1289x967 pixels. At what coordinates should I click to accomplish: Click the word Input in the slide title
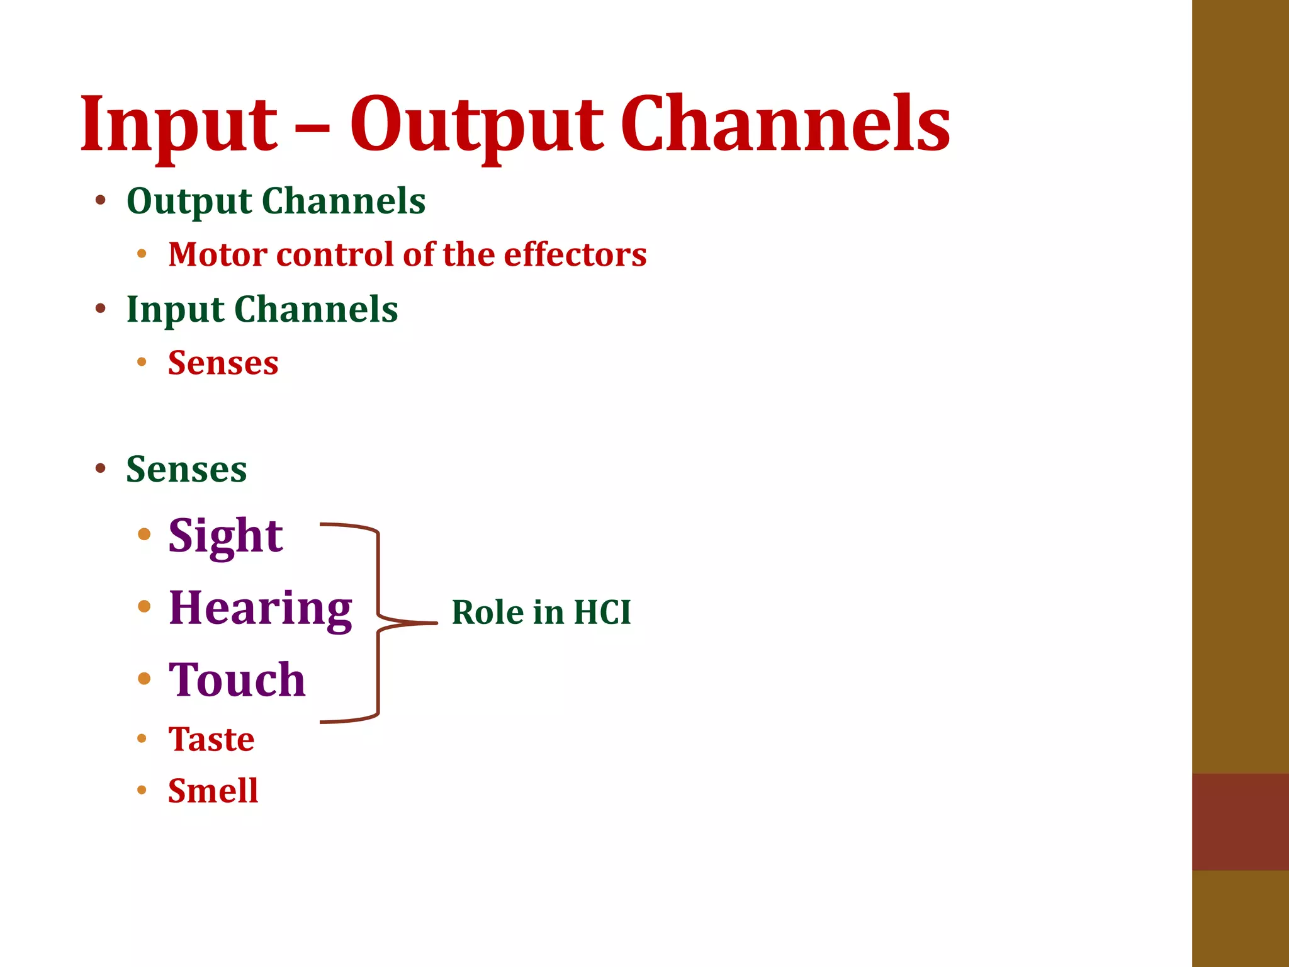[x=178, y=124]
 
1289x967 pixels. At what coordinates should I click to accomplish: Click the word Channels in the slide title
[x=785, y=124]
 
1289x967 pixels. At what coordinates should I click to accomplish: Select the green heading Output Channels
[x=276, y=201]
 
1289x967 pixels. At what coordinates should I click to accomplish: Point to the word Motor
[x=218, y=255]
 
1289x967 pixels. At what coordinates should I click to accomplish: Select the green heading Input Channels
[x=262, y=310]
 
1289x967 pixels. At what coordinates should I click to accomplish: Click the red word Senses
[x=223, y=363]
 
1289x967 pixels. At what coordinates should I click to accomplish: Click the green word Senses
[x=186, y=470]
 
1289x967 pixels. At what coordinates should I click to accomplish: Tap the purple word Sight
[x=225, y=536]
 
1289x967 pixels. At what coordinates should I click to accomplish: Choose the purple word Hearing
[x=260, y=608]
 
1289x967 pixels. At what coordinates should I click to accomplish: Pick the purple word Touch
[x=237, y=680]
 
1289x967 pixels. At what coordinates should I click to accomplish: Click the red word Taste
[x=211, y=739]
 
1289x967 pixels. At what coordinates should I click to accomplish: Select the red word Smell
[x=213, y=791]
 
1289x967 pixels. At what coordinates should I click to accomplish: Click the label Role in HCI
[x=541, y=613]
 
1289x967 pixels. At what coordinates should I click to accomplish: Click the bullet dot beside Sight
[x=144, y=534]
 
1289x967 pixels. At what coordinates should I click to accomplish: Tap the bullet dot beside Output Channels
[x=100, y=201]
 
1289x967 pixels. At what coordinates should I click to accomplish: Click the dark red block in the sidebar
[x=1240, y=822]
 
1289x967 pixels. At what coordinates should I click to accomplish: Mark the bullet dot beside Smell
[x=142, y=790]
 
